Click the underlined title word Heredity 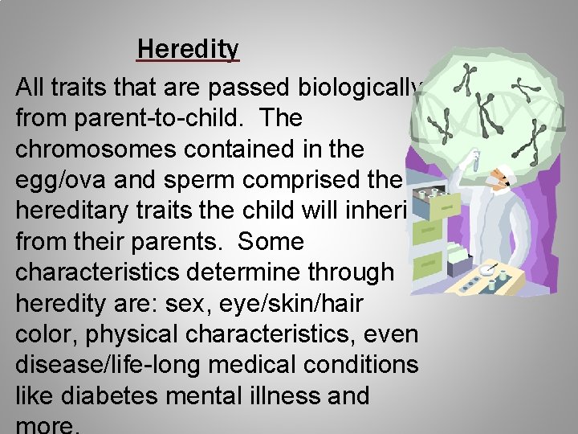(x=188, y=50)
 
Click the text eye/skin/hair (x=302, y=303)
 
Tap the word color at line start (x=45, y=334)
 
